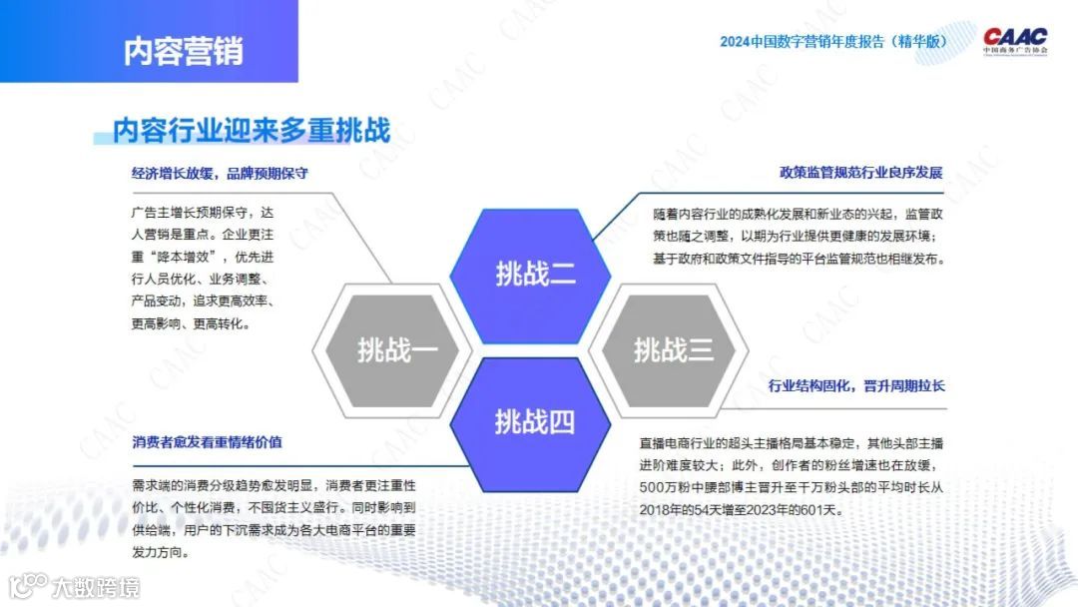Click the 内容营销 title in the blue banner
point(183,51)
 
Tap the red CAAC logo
point(1015,41)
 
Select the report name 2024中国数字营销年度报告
point(802,41)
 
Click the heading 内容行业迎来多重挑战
point(252,130)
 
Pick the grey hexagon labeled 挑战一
point(392,349)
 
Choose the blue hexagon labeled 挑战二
point(530,275)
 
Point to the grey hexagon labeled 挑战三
point(668,349)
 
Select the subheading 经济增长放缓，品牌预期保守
point(220,174)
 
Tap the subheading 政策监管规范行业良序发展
point(860,173)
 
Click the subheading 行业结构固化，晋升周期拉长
point(856,385)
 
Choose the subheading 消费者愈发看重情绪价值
point(207,442)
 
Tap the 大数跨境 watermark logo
point(75,587)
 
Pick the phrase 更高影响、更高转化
point(187,323)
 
